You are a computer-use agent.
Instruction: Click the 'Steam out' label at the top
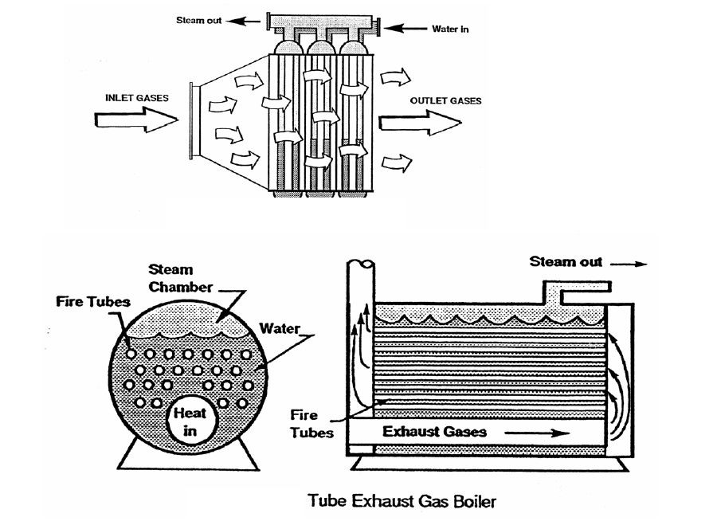199,20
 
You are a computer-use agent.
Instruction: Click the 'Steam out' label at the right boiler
566,261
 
